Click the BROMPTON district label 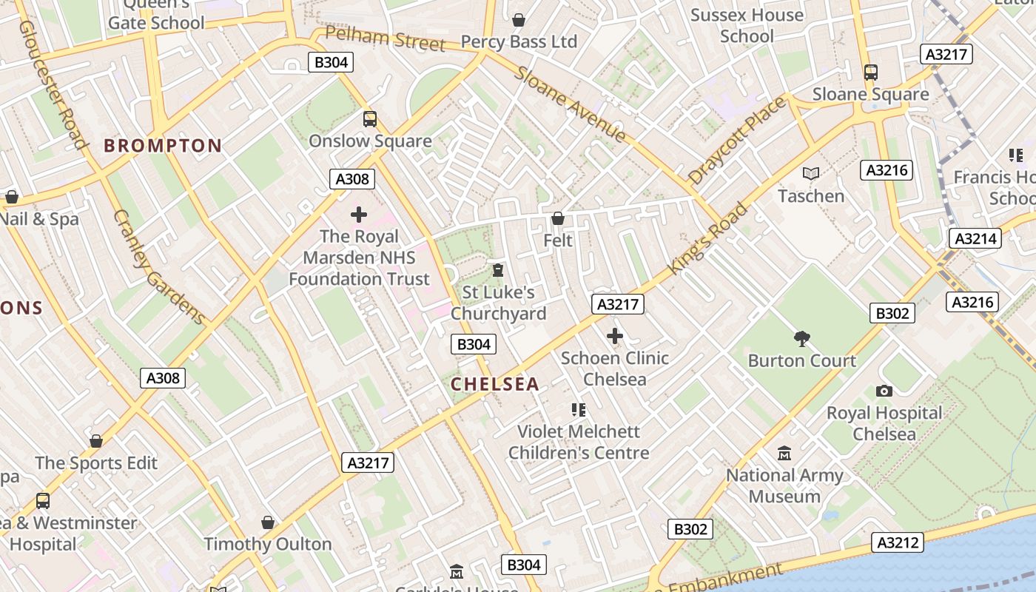[x=163, y=145]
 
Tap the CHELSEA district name [x=495, y=384]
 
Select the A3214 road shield [x=975, y=238]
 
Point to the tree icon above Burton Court [x=801, y=339]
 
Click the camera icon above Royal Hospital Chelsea [x=884, y=391]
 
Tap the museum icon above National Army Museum [x=784, y=453]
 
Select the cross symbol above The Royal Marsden [x=359, y=215]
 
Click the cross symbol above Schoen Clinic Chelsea [x=614, y=336]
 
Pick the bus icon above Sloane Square [x=871, y=73]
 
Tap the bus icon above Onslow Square [x=369, y=118]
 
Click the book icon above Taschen [x=811, y=173]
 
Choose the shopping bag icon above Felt [x=558, y=218]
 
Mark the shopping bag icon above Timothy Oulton [x=268, y=522]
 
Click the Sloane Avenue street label [x=571, y=104]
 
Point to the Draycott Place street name [x=737, y=141]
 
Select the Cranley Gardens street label [x=159, y=267]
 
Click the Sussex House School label [x=747, y=25]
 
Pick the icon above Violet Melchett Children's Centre [x=579, y=409]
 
